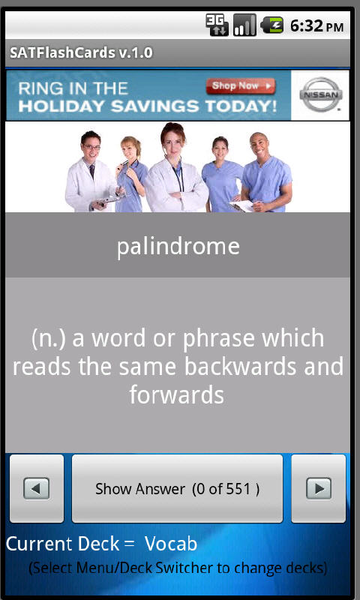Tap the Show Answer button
click(x=177, y=489)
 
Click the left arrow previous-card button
click(x=37, y=489)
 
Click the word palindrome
click(x=178, y=246)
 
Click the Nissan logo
click(x=321, y=94)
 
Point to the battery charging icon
click(x=271, y=26)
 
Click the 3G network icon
click(x=217, y=26)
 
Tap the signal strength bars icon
click(x=244, y=26)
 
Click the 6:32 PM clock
click(x=316, y=26)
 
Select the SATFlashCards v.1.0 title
click(x=81, y=53)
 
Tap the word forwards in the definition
click(x=177, y=394)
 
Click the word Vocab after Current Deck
click(x=171, y=544)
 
